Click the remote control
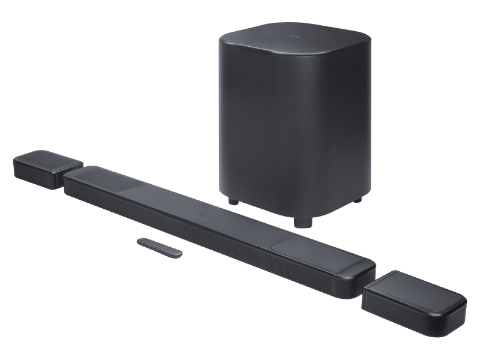click(x=160, y=247)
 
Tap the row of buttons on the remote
click(x=154, y=245)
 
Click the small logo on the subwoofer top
click(x=295, y=37)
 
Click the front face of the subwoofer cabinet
click(x=282, y=138)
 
